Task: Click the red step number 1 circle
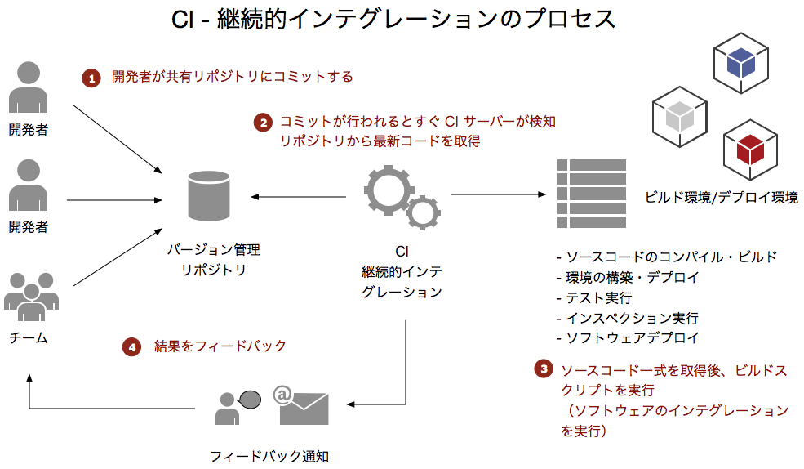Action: (91, 78)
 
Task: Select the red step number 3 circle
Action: (544, 369)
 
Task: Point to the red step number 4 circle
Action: (132, 346)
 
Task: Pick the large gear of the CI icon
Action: (389, 189)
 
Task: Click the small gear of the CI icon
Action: (424, 212)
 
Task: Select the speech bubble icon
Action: (249, 399)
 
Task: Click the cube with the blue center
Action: (742, 62)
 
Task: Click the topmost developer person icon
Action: (28, 87)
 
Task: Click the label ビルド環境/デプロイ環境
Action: (721, 197)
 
